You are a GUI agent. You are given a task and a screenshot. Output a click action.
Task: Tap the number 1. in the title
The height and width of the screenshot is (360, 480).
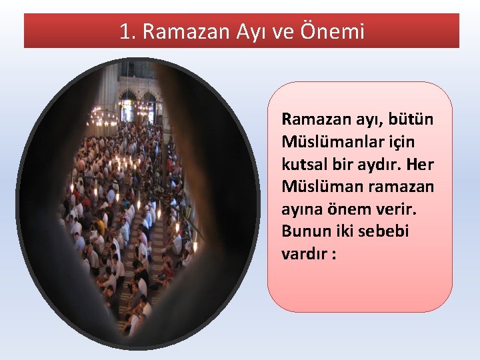127,31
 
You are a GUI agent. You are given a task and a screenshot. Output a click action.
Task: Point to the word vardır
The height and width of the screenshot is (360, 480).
304,255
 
